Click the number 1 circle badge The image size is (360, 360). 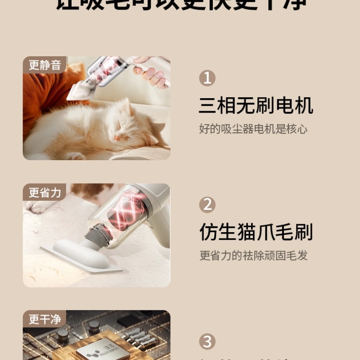pyautogui.click(x=207, y=78)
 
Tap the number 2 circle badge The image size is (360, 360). pyautogui.click(x=207, y=205)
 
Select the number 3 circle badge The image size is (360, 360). pyautogui.click(x=207, y=341)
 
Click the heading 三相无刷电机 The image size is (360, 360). pyautogui.click(x=256, y=106)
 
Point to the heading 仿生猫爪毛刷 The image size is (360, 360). pyautogui.click(x=256, y=233)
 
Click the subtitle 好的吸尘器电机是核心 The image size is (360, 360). pyautogui.click(x=253, y=129)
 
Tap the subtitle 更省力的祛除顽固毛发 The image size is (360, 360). pyautogui.click(x=253, y=256)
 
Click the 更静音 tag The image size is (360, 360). pyautogui.click(x=45, y=65)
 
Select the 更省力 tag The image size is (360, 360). pyautogui.click(x=45, y=192)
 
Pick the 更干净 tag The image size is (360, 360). pyautogui.click(x=45, y=319)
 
